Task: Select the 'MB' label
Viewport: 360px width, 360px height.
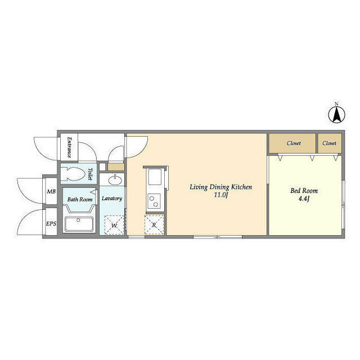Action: coord(51,192)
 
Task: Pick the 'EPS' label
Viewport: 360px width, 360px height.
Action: coord(51,224)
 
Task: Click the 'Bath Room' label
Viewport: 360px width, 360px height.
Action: coord(80,199)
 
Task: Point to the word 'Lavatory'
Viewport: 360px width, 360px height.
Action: coord(112,199)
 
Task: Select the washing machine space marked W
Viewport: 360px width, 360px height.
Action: coord(115,226)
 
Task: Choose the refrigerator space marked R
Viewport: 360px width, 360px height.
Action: coord(154,225)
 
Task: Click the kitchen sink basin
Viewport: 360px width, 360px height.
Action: coord(154,179)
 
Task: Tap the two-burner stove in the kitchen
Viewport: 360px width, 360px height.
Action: coord(154,200)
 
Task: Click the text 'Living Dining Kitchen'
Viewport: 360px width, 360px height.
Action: coord(220,187)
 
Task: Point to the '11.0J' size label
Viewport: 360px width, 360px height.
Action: coord(220,196)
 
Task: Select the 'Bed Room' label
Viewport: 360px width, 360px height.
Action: coord(304,191)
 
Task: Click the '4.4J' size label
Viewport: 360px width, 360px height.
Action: coord(304,199)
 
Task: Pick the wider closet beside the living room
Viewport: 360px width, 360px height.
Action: coord(292,143)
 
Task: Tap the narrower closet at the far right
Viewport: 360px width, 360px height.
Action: coord(330,143)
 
